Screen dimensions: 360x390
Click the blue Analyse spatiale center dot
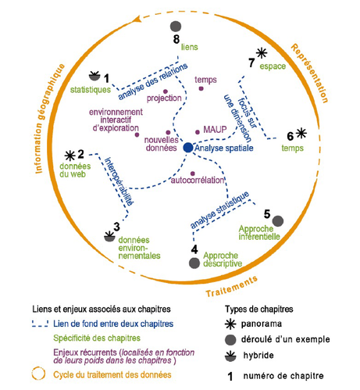[188, 148]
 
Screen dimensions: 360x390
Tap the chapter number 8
[176, 39]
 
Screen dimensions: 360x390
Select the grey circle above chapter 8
[176, 27]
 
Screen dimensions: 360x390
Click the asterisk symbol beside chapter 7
[262, 53]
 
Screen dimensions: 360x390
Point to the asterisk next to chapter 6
[301, 133]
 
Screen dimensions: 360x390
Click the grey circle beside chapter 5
[278, 221]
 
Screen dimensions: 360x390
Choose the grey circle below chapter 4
[194, 263]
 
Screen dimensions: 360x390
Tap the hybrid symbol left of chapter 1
[94, 76]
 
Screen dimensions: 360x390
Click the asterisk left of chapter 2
[70, 156]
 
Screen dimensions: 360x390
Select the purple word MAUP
[215, 130]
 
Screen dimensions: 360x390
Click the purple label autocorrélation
[198, 180]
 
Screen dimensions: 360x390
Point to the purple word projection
[164, 98]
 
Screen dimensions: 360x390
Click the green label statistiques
[91, 90]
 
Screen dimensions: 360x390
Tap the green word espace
[273, 66]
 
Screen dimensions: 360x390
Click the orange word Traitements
[232, 287]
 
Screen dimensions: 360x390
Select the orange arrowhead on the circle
[137, 19]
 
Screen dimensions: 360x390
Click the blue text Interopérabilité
[119, 181]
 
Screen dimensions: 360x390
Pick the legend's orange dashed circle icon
[38, 374]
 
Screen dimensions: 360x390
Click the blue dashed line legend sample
[40, 324]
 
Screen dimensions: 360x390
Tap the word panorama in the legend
[262, 324]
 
